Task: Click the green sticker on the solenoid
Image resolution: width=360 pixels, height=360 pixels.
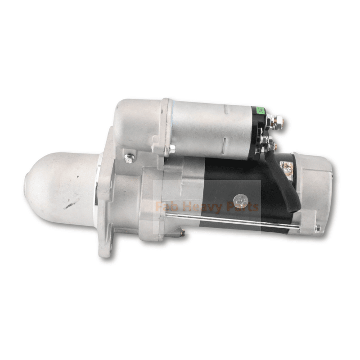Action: (259, 110)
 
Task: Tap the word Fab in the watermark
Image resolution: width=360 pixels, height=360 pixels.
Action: (164, 207)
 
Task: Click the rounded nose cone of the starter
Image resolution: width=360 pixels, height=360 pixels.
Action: (58, 184)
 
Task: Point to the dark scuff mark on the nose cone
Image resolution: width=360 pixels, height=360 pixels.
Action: (70, 205)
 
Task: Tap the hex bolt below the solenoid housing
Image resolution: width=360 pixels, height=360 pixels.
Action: (130, 158)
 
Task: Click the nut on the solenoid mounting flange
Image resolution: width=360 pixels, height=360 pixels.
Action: (171, 149)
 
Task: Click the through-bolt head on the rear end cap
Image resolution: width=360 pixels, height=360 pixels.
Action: (317, 229)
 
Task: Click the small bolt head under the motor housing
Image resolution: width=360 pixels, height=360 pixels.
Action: (182, 232)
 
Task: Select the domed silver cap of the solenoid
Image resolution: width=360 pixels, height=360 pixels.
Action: (135, 121)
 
